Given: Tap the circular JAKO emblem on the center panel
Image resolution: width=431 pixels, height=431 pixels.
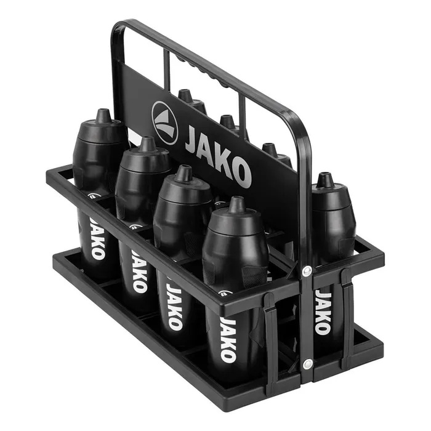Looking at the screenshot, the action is pyautogui.click(x=164, y=123).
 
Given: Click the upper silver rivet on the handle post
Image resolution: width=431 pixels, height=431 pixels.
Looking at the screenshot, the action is pyautogui.click(x=307, y=271).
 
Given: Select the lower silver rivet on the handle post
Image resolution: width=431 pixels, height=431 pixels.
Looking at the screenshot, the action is pyautogui.click(x=308, y=364).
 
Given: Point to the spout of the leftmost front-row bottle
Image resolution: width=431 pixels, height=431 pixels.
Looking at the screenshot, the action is pyautogui.click(x=103, y=116).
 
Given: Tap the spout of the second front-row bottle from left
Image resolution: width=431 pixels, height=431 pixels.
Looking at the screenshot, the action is pyautogui.click(x=148, y=143).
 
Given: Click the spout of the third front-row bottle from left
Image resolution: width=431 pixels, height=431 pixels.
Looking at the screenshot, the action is pyautogui.click(x=183, y=173).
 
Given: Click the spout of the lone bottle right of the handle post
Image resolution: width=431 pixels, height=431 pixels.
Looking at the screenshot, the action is pyautogui.click(x=325, y=180).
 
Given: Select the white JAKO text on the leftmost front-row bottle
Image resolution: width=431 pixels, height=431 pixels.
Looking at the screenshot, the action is pyautogui.click(x=97, y=238).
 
